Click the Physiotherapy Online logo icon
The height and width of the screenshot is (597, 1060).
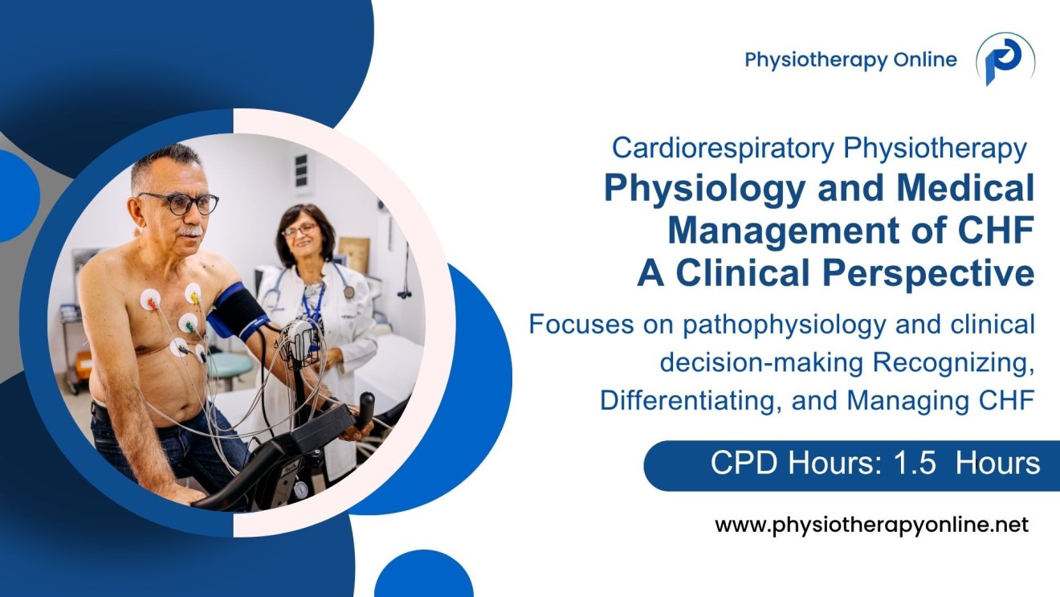pyautogui.click(x=1005, y=59)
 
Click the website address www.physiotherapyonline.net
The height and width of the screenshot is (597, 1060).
pyautogui.click(x=871, y=525)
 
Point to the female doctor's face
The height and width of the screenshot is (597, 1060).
pyautogui.click(x=300, y=234)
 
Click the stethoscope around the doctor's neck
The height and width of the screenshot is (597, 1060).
pyautogui.click(x=346, y=285)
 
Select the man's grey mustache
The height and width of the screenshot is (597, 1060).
pyautogui.click(x=190, y=231)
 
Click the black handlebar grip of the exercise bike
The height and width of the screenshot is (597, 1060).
pyautogui.click(x=365, y=407)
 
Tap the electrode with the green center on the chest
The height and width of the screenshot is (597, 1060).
pyautogui.click(x=188, y=323)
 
